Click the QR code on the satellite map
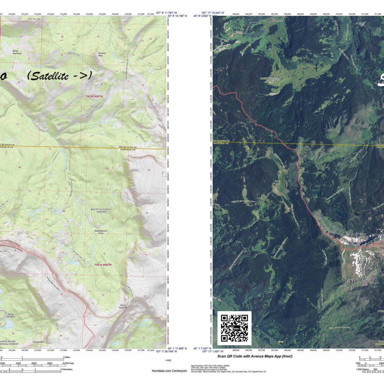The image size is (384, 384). coord(235,328)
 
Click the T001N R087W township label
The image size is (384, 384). coord(103,265)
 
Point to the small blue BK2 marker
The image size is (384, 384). coord(169,360)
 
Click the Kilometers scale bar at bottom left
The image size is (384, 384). coord(35,371)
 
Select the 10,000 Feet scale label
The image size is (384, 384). coord(68,363)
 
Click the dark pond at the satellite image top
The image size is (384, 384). coord(273,29)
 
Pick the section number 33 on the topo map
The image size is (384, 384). coord(100,126)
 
